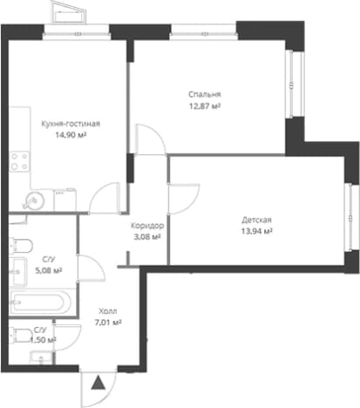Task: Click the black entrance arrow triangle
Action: (x=98, y=383)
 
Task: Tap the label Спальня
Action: (x=205, y=94)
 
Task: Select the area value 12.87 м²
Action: (x=205, y=106)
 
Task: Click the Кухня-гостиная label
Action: (x=71, y=124)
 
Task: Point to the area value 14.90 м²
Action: (x=71, y=135)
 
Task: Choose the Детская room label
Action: (x=256, y=220)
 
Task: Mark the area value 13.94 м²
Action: (x=256, y=231)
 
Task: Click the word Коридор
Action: (x=147, y=226)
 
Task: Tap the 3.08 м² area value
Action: (x=147, y=237)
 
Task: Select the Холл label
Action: (x=108, y=311)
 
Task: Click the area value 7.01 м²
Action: (x=108, y=323)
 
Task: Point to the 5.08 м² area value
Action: (x=49, y=271)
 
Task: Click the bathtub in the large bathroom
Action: (x=40, y=303)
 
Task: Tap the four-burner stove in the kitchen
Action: (x=19, y=161)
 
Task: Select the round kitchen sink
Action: (x=34, y=201)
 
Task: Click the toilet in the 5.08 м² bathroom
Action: (x=21, y=246)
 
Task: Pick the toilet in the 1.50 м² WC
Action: (x=21, y=336)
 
